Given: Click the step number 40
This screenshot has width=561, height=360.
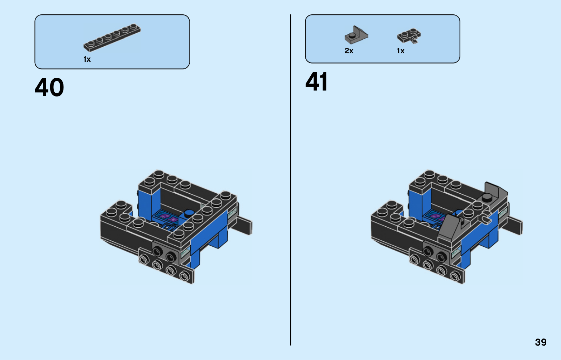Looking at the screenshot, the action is click(49, 87).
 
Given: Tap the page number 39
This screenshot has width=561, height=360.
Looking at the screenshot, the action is click(541, 342).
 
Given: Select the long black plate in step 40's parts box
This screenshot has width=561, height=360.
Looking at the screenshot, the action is click(112, 38).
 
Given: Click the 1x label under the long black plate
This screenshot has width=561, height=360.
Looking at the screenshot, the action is click(87, 59).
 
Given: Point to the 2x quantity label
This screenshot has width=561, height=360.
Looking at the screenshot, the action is click(349, 51).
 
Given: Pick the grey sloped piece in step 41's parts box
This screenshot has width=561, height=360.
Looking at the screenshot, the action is click(356, 35).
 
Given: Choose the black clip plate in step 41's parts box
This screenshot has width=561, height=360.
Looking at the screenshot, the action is click(409, 36).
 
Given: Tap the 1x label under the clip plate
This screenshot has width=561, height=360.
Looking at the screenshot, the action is click(400, 51).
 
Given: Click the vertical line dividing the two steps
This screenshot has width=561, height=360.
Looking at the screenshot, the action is click(291, 180).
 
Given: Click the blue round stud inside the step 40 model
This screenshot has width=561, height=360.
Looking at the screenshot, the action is click(189, 213).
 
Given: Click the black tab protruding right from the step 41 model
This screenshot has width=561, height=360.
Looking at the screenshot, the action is click(514, 225).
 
